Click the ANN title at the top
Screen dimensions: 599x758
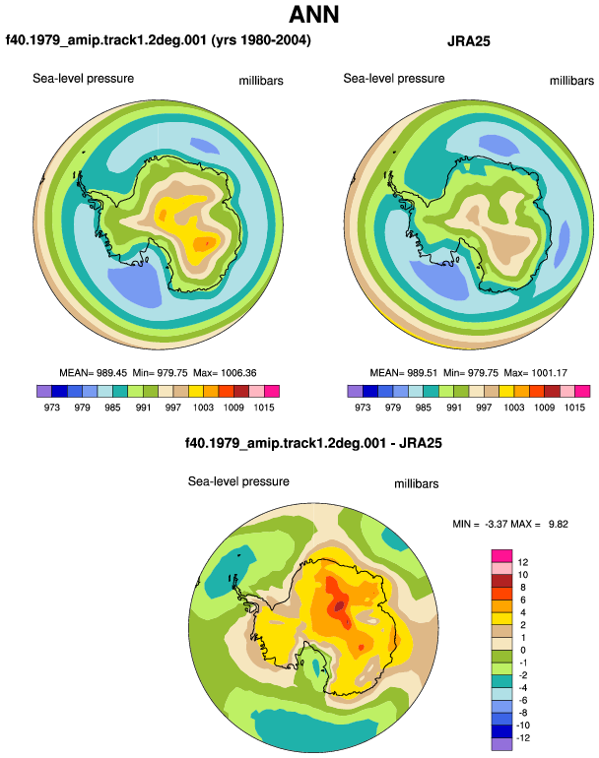(313, 14)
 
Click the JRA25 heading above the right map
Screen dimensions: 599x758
(468, 41)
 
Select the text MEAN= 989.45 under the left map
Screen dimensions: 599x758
(93, 373)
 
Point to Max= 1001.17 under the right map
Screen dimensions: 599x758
(535, 373)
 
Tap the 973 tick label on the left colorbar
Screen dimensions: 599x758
(52, 407)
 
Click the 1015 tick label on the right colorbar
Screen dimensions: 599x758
(574, 407)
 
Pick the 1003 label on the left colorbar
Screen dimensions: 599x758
(203, 407)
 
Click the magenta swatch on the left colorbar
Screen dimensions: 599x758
(272, 391)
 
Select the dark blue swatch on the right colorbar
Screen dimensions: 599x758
(370, 391)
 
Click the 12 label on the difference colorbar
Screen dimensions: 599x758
(522, 562)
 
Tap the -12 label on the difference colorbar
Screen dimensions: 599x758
(523, 737)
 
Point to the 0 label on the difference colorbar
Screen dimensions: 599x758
(523, 650)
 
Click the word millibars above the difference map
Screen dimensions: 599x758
(416, 484)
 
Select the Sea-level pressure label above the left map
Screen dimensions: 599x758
(83, 79)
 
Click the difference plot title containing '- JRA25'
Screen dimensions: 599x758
(313, 443)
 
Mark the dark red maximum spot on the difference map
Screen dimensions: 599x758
(340, 605)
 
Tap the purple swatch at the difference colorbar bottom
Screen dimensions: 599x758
(501, 744)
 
